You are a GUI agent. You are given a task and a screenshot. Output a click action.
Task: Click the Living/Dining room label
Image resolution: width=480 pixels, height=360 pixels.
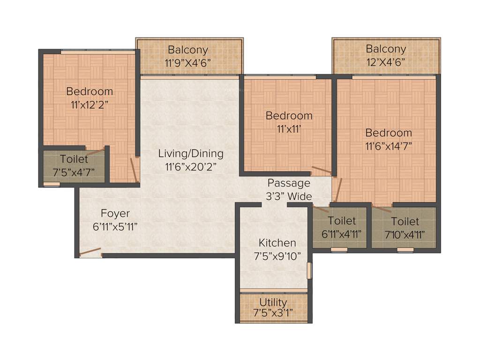point(190,153)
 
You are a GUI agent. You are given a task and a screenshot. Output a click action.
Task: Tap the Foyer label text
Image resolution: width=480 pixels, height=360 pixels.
point(115,214)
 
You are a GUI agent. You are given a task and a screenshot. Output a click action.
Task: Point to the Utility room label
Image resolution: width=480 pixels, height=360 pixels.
point(273,302)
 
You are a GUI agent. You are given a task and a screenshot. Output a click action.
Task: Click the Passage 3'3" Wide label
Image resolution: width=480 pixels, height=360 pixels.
point(289,189)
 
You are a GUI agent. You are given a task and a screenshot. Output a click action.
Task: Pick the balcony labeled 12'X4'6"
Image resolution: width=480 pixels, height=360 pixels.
point(386,61)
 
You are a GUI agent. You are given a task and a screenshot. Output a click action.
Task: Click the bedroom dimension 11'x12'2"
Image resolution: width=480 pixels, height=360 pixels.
point(89,105)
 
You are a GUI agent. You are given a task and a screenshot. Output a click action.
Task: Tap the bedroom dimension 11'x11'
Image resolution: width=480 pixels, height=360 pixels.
point(289,128)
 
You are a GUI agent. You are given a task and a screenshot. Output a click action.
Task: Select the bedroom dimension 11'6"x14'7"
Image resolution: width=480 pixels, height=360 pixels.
point(389,145)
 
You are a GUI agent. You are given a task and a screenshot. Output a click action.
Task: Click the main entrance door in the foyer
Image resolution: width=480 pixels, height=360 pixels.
point(90,252)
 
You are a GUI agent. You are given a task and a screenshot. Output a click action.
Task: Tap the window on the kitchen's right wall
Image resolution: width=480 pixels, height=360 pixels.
point(308,270)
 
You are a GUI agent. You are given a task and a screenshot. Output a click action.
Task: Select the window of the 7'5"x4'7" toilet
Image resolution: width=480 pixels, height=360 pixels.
point(52,184)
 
